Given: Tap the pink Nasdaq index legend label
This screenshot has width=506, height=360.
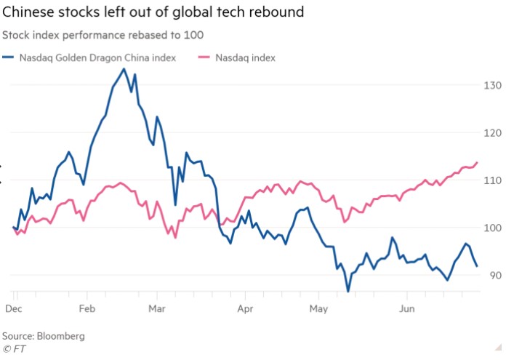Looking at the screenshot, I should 245,57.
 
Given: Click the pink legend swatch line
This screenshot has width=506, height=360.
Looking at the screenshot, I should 203,57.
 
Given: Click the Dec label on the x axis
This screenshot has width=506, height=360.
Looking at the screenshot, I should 14,308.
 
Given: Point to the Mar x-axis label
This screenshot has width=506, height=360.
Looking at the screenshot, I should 157,308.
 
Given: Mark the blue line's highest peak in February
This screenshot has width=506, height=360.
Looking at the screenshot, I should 124,69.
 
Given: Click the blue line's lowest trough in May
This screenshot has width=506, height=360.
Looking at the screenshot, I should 348,291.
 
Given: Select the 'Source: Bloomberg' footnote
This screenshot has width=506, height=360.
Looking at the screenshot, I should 43,336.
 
